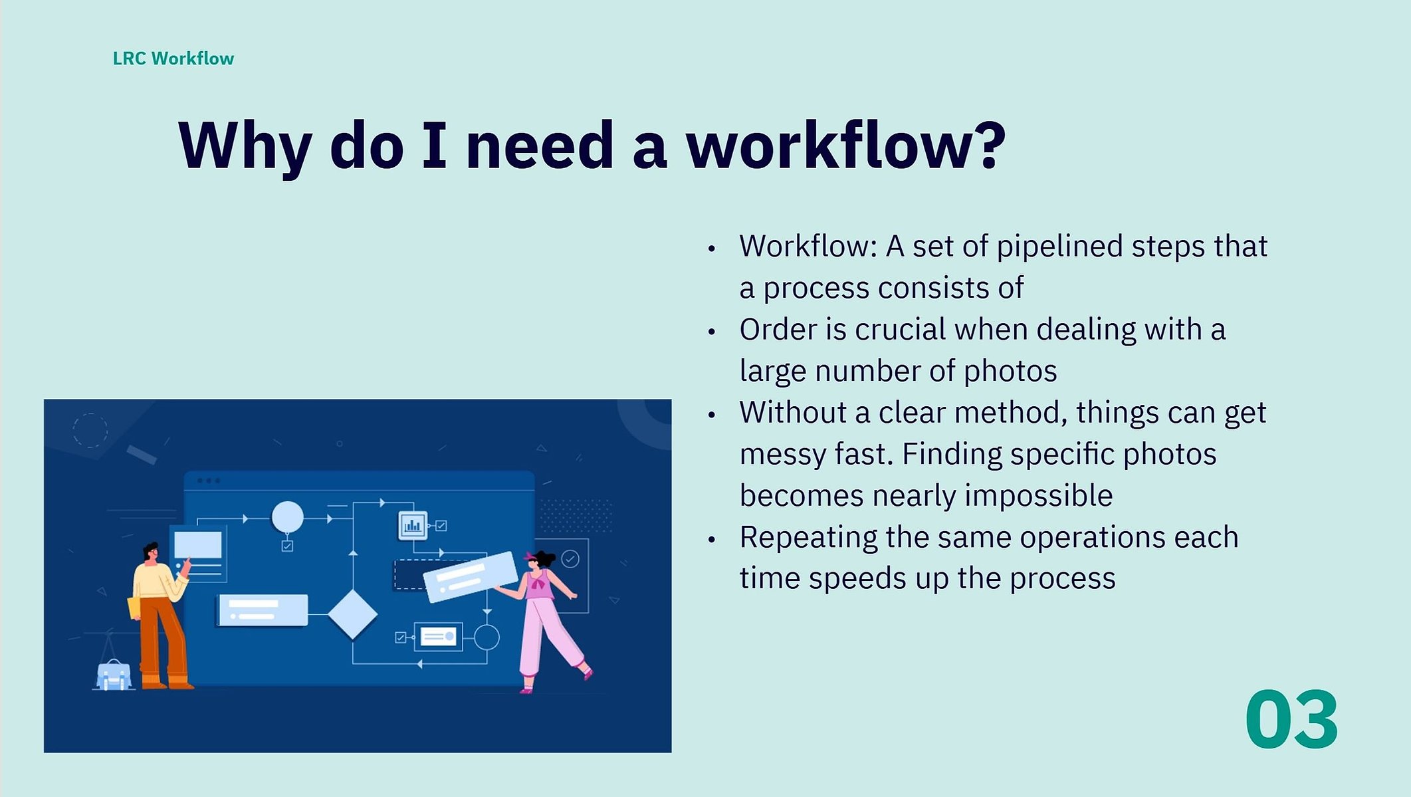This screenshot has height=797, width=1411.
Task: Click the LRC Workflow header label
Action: (173, 58)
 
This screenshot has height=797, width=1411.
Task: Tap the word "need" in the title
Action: (540, 144)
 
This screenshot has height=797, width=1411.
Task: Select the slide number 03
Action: (1291, 720)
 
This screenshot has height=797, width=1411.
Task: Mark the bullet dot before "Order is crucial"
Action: (712, 332)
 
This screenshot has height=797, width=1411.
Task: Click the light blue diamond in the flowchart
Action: (352, 614)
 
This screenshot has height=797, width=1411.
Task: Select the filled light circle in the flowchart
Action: (287, 517)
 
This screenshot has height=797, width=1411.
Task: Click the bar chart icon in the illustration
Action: (413, 525)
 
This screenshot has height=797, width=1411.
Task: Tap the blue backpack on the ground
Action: (114, 675)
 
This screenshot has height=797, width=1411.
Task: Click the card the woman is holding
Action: (471, 577)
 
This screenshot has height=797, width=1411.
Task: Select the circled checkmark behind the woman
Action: (570, 559)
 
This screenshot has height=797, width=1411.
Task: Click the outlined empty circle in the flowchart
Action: (487, 637)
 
